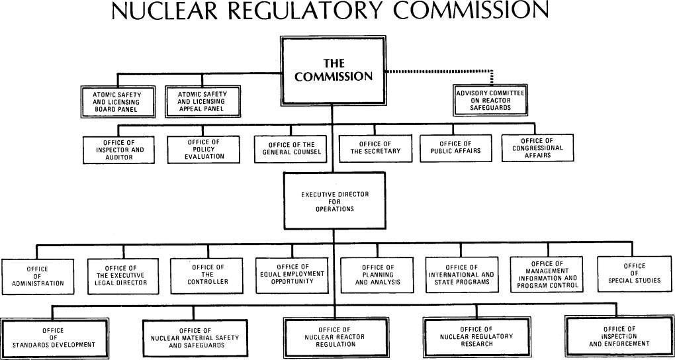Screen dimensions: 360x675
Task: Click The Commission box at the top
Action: tap(334, 69)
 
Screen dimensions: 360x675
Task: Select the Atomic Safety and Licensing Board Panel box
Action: tap(116, 102)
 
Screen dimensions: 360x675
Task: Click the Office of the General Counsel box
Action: tap(289, 149)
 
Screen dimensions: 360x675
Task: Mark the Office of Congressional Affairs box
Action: tap(537, 148)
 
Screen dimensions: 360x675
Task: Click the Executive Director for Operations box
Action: tap(334, 201)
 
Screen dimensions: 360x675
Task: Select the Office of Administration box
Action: tap(38, 277)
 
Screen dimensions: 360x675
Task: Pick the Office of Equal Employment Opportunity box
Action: tap(292, 274)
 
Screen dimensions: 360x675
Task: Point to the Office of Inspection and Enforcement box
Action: tap(619, 336)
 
